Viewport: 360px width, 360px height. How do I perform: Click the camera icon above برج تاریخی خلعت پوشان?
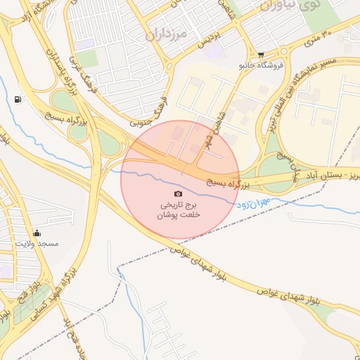(178, 193)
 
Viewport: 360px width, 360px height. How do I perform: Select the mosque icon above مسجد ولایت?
(37, 233)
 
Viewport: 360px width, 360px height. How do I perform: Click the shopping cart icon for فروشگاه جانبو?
(261, 54)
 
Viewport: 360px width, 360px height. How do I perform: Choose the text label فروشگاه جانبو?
(261, 65)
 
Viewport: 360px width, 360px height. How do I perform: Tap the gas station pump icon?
(17, 99)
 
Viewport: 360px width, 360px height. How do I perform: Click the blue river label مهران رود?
(251, 204)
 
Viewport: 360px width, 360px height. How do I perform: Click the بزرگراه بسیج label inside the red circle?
(228, 183)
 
